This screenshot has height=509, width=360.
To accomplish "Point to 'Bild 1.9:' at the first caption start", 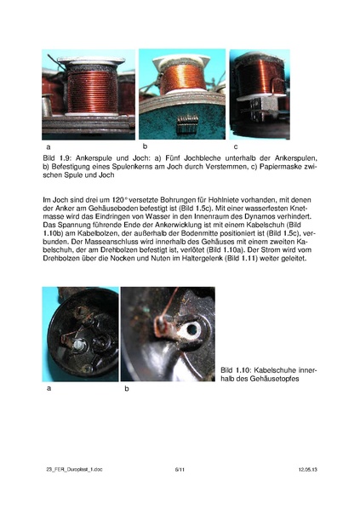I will pyautogui.click(x=58, y=158).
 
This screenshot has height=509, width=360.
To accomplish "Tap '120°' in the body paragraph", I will pyautogui.click(x=112, y=198).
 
